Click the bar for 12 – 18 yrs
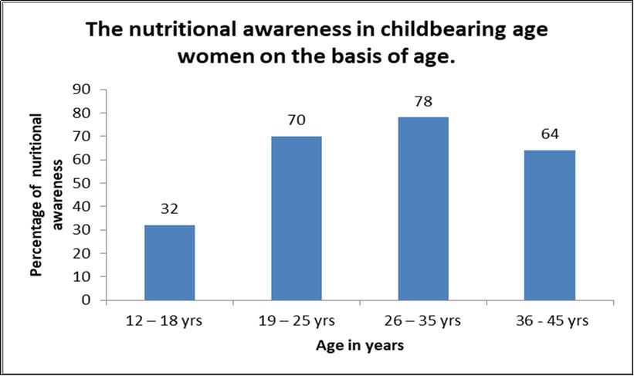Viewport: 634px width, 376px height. pyautogui.click(x=170, y=263)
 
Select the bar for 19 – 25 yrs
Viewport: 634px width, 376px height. pyautogui.click(x=297, y=218)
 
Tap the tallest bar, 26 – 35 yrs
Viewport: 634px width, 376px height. pyautogui.click(x=423, y=208)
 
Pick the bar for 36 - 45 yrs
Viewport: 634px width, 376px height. pyautogui.click(x=549, y=225)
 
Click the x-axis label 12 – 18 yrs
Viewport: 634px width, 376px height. pyautogui.click(x=170, y=320)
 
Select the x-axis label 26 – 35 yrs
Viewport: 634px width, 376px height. pyautogui.click(x=423, y=320)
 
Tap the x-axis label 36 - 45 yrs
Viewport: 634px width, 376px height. pyautogui.click(x=549, y=320)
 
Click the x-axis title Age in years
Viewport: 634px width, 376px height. pyautogui.click(x=360, y=346)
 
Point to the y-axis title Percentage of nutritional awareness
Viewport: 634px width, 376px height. pyautogui.click(x=46, y=195)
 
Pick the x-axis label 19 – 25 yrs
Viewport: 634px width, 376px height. pyautogui.click(x=297, y=320)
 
